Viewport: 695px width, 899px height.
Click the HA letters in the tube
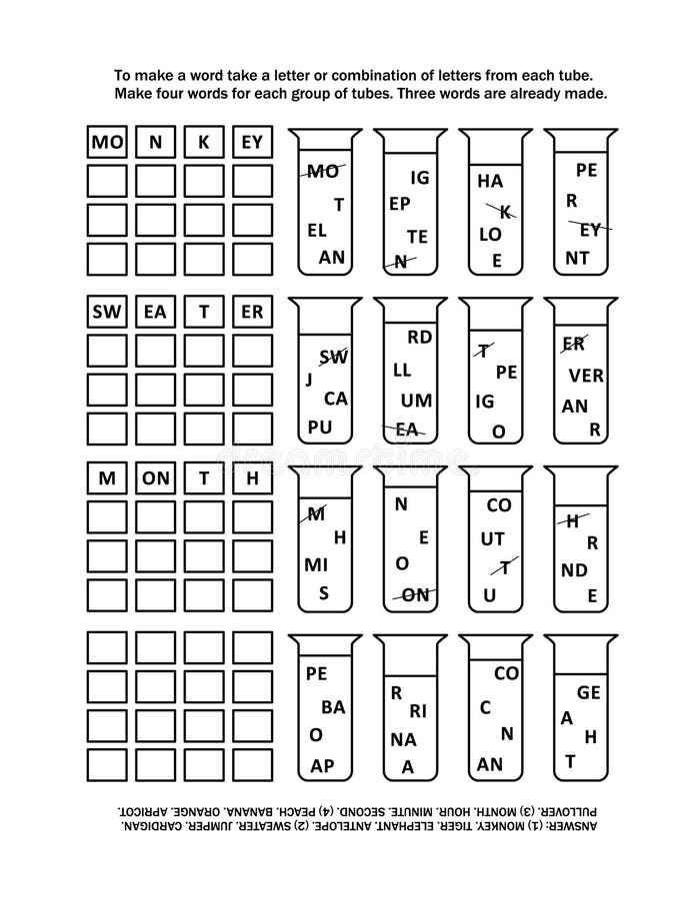tap(490, 181)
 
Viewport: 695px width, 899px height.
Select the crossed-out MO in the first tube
tap(323, 171)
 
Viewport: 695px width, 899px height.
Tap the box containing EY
tap(252, 142)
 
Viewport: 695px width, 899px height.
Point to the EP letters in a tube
tap(399, 204)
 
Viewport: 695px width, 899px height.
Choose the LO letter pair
tap(491, 234)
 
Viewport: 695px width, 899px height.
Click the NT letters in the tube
tap(577, 258)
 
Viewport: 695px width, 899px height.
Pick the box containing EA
tap(156, 312)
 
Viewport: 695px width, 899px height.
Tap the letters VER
tap(586, 376)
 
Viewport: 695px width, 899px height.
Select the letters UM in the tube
tap(416, 401)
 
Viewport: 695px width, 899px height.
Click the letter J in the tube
tap(309, 380)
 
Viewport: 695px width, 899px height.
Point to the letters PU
tap(320, 428)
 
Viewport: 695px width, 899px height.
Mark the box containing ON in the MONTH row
tap(156, 478)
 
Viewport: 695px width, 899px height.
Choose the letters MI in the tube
tap(316, 565)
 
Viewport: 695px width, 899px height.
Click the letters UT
tap(492, 539)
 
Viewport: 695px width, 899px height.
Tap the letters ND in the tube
tap(574, 570)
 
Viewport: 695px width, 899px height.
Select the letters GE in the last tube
tap(589, 692)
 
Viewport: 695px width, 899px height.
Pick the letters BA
tap(333, 707)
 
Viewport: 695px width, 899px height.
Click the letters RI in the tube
tap(418, 711)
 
